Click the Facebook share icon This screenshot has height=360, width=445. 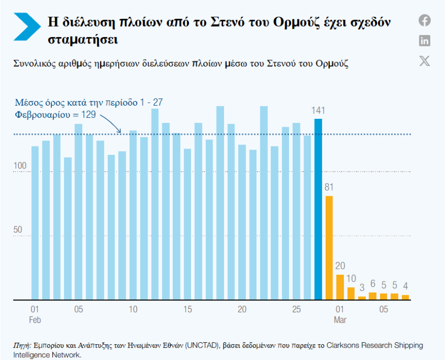click(425, 20)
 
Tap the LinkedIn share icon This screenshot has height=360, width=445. click(425, 40)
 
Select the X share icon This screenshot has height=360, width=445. click(425, 61)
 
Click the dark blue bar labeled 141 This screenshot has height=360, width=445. click(318, 209)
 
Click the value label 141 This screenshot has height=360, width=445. click(318, 110)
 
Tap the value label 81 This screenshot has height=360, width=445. click(329, 187)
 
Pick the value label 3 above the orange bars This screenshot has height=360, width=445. click(362, 288)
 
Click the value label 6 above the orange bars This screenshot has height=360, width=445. click(373, 284)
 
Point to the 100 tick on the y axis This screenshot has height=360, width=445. click(20, 166)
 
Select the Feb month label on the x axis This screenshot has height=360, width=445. click(35, 319)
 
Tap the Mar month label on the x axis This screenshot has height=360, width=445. click(340, 319)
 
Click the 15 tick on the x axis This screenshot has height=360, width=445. click(187, 309)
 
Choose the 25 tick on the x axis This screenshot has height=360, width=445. click(296, 309)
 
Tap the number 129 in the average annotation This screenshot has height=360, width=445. click(87, 115)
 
